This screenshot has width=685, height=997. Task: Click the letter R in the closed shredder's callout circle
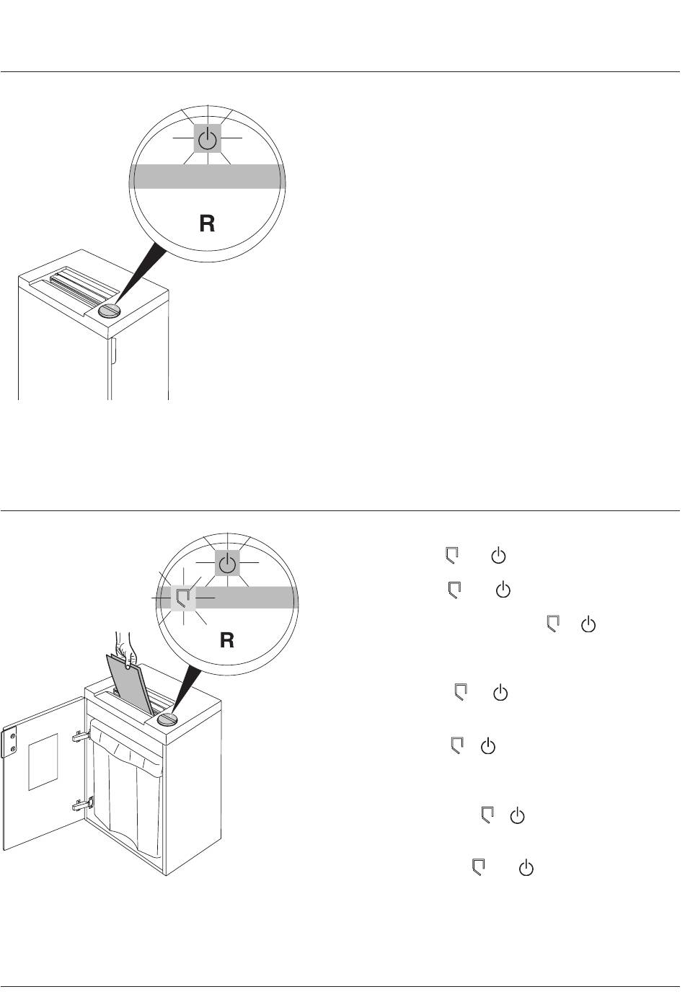pos(207,223)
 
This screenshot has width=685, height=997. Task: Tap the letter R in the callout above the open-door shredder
pos(227,640)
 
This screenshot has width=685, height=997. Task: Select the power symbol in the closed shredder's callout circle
pos(208,139)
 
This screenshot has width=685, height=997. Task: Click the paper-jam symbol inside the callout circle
pos(183,598)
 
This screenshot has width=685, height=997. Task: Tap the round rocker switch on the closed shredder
pos(110,310)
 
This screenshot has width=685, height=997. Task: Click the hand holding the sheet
pos(126,650)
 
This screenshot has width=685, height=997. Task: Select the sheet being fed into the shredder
pos(131,686)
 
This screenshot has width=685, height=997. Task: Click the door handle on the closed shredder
pos(113,351)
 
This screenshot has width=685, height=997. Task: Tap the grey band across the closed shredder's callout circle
pos(207,176)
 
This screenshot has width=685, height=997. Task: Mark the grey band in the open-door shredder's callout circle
pos(240,597)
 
